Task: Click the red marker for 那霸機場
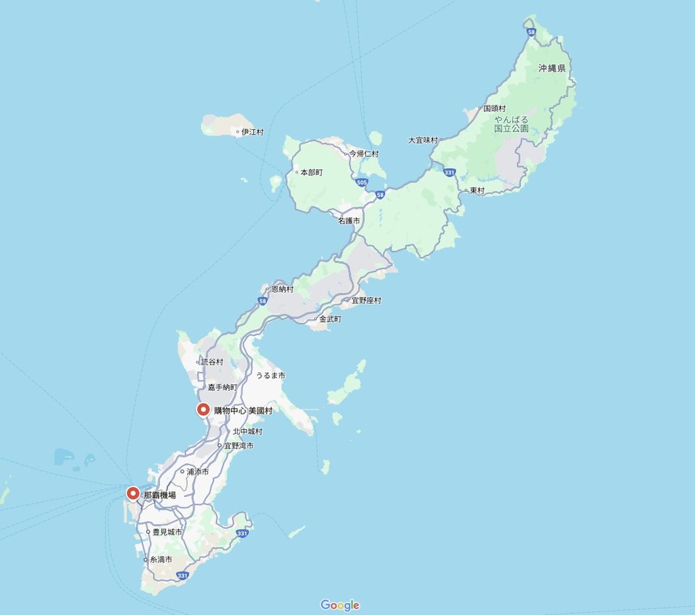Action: [x=133, y=494]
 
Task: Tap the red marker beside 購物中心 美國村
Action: [x=203, y=410]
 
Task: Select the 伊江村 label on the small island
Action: [x=252, y=132]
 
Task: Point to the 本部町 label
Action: [x=311, y=172]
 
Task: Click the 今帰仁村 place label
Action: [x=363, y=153]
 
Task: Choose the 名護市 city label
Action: [x=350, y=220]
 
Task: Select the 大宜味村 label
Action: [x=423, y=140]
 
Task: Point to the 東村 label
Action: [x=477, y=190]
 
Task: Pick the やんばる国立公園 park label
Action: [x=512, y=124]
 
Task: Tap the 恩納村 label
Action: [x=282, y=289]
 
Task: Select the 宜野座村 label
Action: [x=366, y=301]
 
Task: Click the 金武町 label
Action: [x=330, y=319]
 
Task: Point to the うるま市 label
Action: [x=270, y=375]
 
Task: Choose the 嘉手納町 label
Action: [x=222, y=387]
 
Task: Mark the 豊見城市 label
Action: [x=167, y=532]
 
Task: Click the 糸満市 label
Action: [x=161, y=559]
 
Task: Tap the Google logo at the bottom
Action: [x=340, y=605]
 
